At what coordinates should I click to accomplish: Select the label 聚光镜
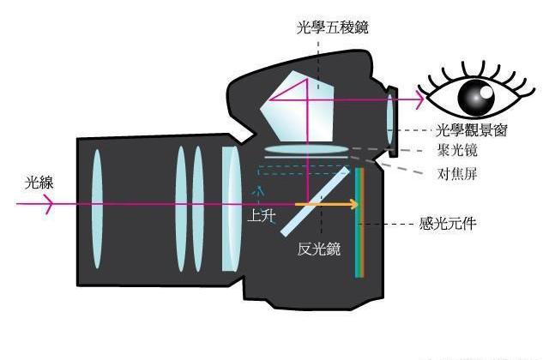(457, 151)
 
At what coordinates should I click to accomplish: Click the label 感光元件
(447, 225)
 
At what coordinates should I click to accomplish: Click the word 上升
(262, 218)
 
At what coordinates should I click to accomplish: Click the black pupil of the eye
(473, 98)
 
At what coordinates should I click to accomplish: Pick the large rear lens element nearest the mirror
(230, 208)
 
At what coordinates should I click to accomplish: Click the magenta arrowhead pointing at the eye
(419, 100)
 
